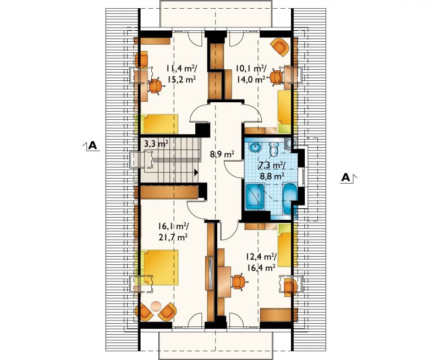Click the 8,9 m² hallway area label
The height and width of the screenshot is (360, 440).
222,154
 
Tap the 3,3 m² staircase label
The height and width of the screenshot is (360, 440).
156,145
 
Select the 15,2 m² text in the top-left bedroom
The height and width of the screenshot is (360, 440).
182,79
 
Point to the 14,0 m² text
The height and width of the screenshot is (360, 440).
251,79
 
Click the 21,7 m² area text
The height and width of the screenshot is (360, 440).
173,237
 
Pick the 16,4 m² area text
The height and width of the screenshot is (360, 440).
261,268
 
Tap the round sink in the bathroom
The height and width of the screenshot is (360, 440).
255,146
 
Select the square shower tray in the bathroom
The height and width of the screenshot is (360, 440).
255,197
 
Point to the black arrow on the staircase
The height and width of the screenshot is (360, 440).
196,173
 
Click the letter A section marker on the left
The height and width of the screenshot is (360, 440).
92,145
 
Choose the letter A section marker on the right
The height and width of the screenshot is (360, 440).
346,177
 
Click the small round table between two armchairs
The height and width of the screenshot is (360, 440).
156,306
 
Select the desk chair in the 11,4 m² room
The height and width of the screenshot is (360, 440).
155,86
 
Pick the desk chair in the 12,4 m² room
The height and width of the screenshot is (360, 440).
239,281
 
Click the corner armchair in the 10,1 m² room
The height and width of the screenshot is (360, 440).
280,47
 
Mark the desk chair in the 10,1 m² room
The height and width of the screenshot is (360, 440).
276,77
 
